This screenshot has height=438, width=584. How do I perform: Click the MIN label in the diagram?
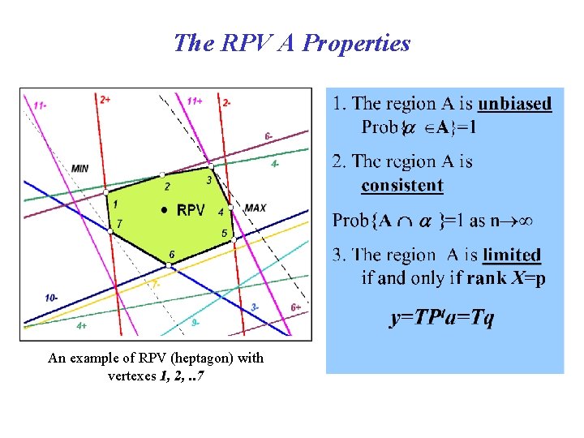[x=80, y=168]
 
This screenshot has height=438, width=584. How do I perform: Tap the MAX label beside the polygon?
[x=255, y=208]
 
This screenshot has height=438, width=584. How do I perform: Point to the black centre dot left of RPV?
[x=165, y=210]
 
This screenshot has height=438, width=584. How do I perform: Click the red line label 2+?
[x=105, y=99]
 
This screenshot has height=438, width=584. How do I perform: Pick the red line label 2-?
[x=226, y=102]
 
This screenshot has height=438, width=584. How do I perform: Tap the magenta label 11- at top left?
[x=40, y=104]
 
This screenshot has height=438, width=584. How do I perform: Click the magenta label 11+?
[x=195, y=101]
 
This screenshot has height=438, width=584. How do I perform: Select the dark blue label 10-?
[x=51, y=298]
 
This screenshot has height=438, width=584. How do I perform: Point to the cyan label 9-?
[x=195, y=322]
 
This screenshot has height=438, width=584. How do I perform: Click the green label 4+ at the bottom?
[x=82, y=325]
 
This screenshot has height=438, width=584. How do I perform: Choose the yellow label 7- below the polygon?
[x=156, y=285]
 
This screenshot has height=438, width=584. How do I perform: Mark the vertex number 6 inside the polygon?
[x=171, y=255]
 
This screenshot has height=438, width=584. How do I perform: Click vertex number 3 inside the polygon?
[x=208, y=180]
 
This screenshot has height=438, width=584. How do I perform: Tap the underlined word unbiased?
[x=514, y=104]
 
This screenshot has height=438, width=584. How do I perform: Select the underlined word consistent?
[x=402, y=185]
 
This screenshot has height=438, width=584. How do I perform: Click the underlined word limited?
[x=511, y=255]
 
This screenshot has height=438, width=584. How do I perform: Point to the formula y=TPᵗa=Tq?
[x=441, y=317]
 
